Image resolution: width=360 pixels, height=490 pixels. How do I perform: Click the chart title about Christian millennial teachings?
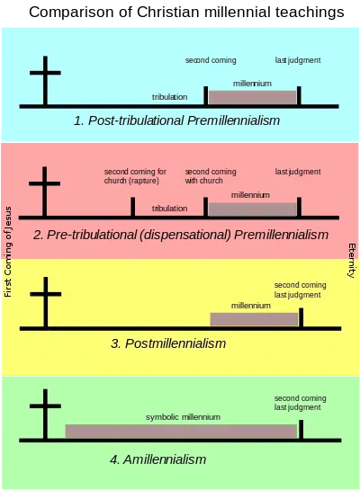[186, 13]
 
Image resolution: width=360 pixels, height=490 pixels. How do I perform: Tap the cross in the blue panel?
[45, 81]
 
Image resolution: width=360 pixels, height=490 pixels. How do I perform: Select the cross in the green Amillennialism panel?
[45, 414]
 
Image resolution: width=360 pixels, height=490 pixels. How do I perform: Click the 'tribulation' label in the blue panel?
[169, 97]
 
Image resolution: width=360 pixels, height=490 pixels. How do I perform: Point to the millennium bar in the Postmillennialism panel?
[254, 319]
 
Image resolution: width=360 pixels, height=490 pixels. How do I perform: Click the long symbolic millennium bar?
[181, 431]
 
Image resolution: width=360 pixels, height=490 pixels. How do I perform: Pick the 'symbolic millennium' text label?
[183, 417]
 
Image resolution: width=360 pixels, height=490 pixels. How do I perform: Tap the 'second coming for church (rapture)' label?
[135, 176]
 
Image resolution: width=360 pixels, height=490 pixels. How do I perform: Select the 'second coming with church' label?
[211, 176]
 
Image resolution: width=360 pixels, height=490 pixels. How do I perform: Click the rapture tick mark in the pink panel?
[133, 206]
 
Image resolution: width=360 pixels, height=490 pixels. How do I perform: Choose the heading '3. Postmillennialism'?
[168, 343]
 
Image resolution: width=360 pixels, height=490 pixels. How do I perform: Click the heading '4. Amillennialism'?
[157, 459]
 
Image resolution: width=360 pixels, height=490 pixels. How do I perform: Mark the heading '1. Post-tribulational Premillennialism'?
[176, 120]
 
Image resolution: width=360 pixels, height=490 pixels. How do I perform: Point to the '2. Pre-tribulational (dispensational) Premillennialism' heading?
[181, 235]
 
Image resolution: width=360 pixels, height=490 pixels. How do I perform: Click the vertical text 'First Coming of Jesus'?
[8, 252]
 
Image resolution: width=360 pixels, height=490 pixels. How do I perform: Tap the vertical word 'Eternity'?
[352, 261]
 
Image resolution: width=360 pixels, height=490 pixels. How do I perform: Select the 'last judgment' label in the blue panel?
[298, 60]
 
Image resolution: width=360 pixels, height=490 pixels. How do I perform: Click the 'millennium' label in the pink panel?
[250, 195]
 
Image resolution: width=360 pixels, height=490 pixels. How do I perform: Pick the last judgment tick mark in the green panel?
[301, 430]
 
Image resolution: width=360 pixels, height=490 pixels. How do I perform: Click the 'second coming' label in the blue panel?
[211, 60]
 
